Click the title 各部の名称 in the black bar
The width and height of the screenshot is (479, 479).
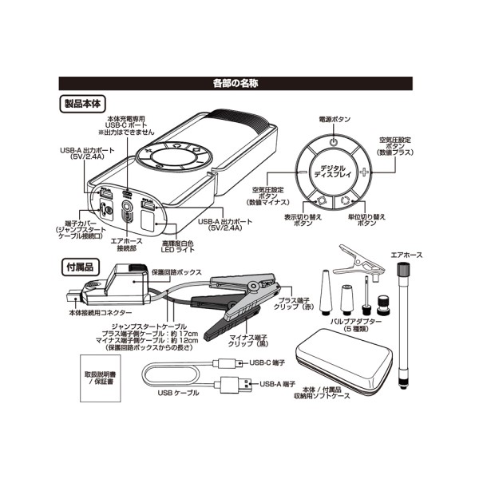(x=239, y=83)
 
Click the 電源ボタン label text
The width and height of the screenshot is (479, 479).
(x=335, y=118)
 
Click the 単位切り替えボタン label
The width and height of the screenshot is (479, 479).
(x=368, y=220)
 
